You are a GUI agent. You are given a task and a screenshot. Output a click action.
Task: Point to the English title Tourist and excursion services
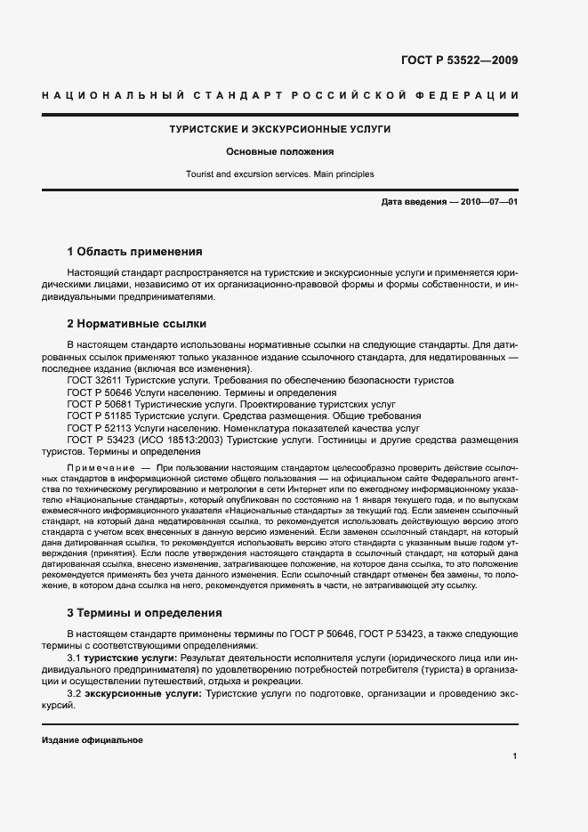click(x=280, y=174)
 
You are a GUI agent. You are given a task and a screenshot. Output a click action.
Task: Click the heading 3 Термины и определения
click(x=145, y=613)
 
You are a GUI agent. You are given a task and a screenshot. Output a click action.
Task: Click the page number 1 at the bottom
click(x=515, y=756)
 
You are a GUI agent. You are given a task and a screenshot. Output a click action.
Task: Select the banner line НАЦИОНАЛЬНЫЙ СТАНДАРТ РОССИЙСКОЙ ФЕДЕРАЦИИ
click(x=280, y=95)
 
